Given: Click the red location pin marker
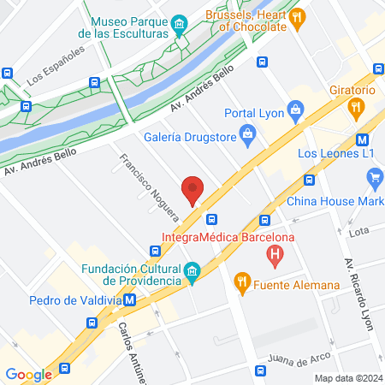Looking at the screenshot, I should [x=192, y=189].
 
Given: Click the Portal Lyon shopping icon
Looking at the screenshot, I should [x=296, y=110].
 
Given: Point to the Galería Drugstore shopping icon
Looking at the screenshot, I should [x=247, y=133].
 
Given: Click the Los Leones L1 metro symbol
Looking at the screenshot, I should [x=363, y=138].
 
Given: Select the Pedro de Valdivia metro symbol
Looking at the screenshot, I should [x=130, y=299].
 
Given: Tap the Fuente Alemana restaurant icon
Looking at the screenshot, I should [x=242, y=281].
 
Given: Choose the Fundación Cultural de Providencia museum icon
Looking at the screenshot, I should [x=193, y=272].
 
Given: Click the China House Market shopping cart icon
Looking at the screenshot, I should [x=374, y=178].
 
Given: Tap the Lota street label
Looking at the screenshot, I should [x=358, y=231].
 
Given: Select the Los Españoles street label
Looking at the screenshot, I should [x=56, y=66].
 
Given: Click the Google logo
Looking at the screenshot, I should [x=28, y=374].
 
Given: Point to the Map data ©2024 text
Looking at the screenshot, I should [x=348, y=378].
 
